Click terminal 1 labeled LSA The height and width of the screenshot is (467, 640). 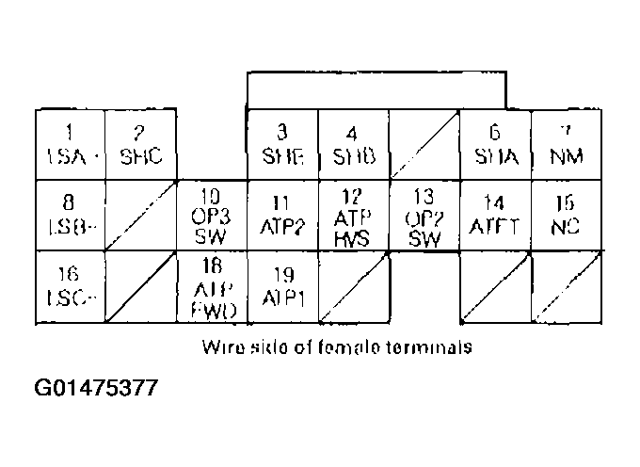pyautogui.click(x=71, y=143)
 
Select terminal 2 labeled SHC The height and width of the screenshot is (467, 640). pyautogui.click(x=141, y=143)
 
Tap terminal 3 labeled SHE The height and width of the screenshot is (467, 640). pyautogui.click(x=282, y=143)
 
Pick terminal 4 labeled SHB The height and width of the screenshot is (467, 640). pyautogui.click(x=353, y=143)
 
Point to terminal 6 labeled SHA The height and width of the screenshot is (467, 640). pyautogui.click(x=495, y=143)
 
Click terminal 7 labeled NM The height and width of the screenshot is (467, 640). pyautogui.click(x=567, y=143)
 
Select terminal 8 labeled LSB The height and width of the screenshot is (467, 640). pyautogui.click(x=71, y=215)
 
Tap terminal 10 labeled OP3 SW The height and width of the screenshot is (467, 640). pyautogui.click(x=212, y=216)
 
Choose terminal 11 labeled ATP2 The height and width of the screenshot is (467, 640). pyautogui.click(x=282, y=215)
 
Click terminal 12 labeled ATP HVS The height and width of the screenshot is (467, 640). pyautogui.click(x=353, y=216)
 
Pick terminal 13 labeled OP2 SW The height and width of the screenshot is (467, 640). pyautogui.click(x=424, y=216)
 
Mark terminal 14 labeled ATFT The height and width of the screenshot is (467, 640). pyautogui.click(x=495, y=215)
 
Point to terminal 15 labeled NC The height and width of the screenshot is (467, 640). pyautogui.click(x=567, y=215)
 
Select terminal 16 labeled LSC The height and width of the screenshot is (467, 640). pyautogui.click(x=71, y=286)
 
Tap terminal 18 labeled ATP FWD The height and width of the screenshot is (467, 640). pyautogui.click(x=212, y=287)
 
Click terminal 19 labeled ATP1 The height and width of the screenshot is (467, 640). pyautogui.click(x=282, y=286)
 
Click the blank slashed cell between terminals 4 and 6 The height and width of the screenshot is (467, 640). pyautogui.click(x=424, y=143)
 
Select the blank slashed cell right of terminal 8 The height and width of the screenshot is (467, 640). pyautogui.click(x=141, y=215)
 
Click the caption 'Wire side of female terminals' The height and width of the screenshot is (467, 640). pyautogui.click(x=336, y=346)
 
